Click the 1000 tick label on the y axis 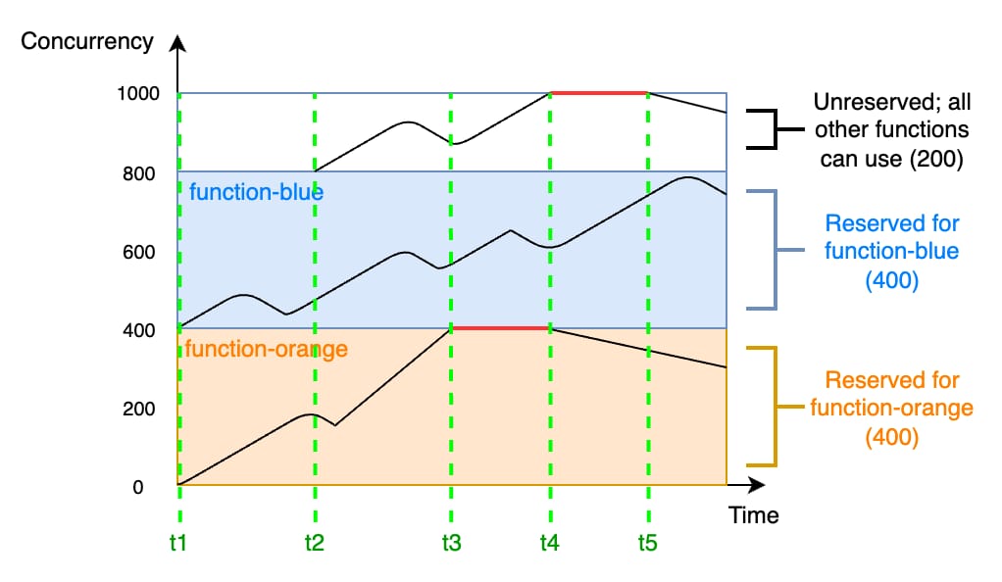click(138, 94)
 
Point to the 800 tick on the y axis click(138, 173)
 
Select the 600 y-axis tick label click(138, 253)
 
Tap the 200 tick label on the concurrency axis click(138, 409)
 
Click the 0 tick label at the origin click(138, 487)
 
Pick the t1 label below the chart click(178, 543)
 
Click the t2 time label click(315, 543)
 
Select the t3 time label click(451, 543)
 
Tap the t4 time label click(550, 543)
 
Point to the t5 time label click(647, 543)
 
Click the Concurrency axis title click(87, 41)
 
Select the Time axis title click(754, 515)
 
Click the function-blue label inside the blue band click(256, 192)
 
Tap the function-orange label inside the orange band click(267, 350)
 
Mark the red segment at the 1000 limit click(599, 93)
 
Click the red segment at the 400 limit click(500, 328)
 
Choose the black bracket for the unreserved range click(775, 129)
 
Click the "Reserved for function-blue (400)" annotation click(892, 252)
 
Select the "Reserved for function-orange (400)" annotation click(892, 409)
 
